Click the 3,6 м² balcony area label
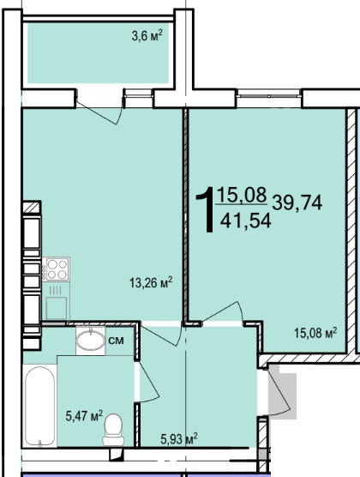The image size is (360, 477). pyautogui.click(x=147, y=36)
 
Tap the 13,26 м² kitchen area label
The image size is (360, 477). pyautogui.click(x=151, y=282)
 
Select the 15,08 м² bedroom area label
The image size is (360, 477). pyautogui.click(x=315, y=333)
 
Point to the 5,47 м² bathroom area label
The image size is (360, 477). pyautogui.click(x=84, y=415)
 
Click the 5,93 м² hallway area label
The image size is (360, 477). pyautogui.click(x=179, y=439)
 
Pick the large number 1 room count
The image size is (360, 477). pyautogui.click(x=206, y=209)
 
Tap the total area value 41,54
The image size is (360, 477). pyautogui.click(x=246, y=220)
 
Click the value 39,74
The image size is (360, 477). pyautogui.click(x=297, y=203)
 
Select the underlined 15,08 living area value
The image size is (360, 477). pyautogui.click(x=242, y=195)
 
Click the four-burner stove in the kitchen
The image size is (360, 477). pyautogui.click(x=57, y=269)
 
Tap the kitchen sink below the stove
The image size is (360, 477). pyautogui.click(x=57, y=308)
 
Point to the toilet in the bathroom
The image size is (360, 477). pyautogui.click(x=113, y=430)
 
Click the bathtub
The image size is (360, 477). pyautogui.click(x=39, y=407)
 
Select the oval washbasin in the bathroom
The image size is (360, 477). pyautogui.click(x=91, y=341)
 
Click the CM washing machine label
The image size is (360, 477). pyautogui.click(x=117, y=341)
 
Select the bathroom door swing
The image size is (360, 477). pyautogui.click(x=147, y=382)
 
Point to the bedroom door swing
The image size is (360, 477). pyautogui.click(x=224, y=311)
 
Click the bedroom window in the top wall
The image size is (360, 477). pyautogui.click(x=269, y=94)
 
